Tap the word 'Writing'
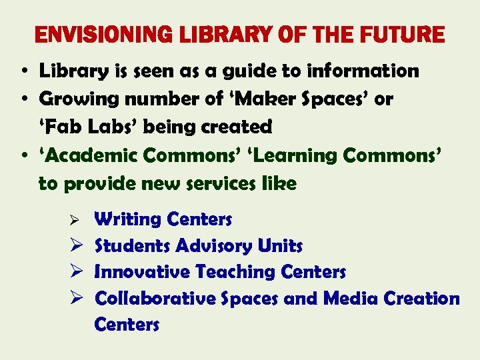(128, 219)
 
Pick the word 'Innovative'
(142, 272)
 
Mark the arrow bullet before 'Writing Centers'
(75, 220)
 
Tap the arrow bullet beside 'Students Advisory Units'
(75, 246)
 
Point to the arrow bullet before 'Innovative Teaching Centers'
(75, 272)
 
